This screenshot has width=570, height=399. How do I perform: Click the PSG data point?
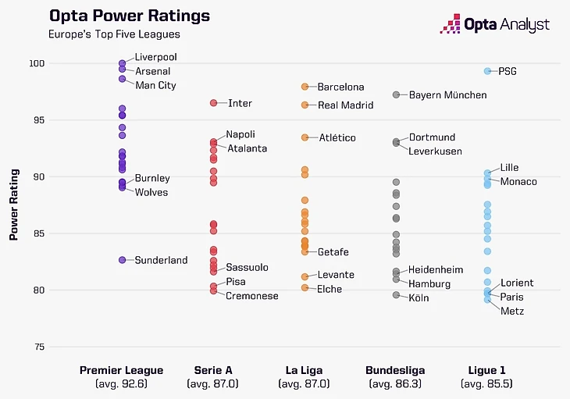(x=487, y=71)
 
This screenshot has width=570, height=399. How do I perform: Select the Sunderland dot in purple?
(x=123, y=260)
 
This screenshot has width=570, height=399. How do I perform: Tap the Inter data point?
(x=213, y=103)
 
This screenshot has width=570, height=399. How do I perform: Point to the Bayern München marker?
(x=397, y=94)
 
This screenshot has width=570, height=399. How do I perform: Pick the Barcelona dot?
(x=305, y=87)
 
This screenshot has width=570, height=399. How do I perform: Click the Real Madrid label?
(x=346, y=105)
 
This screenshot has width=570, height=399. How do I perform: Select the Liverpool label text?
(x=155, y=57)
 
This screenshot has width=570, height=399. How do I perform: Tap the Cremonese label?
(x=252, y=296)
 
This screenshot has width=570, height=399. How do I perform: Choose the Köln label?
(x=419, y=298)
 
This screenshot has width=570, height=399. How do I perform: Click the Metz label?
(x=512, y=312)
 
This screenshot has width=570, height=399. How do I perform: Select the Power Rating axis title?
(x=14, y=205)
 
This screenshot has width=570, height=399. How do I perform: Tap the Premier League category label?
(x=122, y=370)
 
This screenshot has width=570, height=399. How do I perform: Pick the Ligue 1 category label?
(x=487, y=370)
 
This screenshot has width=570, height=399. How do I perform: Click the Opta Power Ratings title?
(x=129, y=16)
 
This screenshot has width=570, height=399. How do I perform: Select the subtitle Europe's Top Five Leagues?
(x=114, y=34)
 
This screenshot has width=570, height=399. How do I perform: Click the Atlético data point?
(x=305, y=137)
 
